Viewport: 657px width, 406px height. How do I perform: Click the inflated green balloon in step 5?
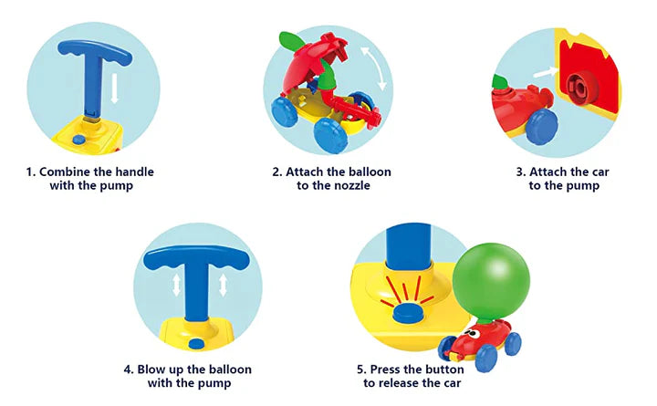click(491, 281)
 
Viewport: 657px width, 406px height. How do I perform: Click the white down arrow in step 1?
click(114, 88)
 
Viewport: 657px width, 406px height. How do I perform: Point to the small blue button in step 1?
click(78, 139)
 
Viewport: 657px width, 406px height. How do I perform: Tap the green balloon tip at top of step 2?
click(293, 41)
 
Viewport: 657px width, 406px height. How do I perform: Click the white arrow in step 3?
click(545, 73)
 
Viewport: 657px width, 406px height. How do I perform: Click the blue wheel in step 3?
click(542, 126)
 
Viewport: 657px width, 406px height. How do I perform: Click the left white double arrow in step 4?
click(177, 285)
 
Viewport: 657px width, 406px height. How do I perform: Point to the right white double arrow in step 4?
click(223, 285)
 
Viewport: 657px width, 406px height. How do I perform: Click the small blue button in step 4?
click(196, 344)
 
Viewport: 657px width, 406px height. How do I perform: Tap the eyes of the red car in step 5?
click(473, 334)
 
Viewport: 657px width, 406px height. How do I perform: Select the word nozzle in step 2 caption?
click(349, 185)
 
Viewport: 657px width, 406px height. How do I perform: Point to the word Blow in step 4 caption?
click(151, 370)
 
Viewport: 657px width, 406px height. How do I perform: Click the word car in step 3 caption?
click(600, 172)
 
